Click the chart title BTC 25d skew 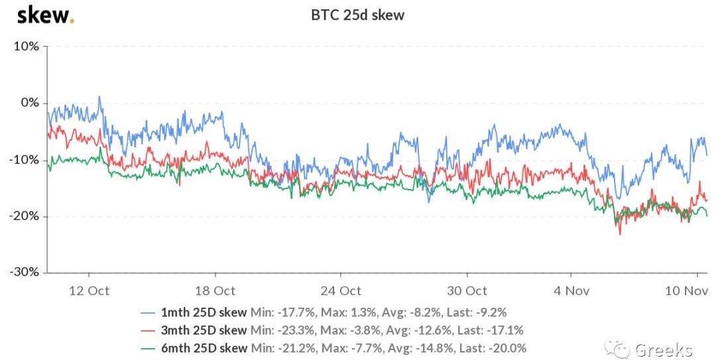pos(358,15)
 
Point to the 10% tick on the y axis pos(25,46)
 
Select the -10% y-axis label pos(24,160)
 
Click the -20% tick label pos(24,216)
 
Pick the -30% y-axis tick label pos(24,272)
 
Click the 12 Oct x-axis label pos(89,290)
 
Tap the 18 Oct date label pos(215,290)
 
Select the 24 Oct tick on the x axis pos(341,290)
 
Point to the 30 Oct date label pos(467,290)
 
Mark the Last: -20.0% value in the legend pos(499,347)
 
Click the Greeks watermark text pos(664,349)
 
